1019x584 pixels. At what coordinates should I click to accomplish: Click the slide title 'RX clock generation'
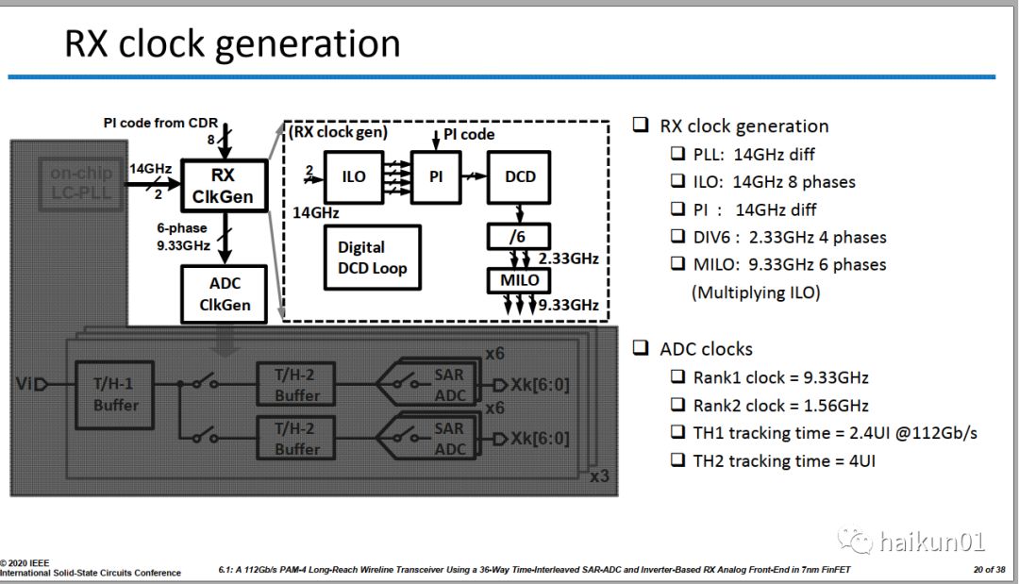tap(232, 44)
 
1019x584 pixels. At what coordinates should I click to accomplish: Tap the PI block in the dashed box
tap(436, 176)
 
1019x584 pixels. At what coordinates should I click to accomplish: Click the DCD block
tap(520, 176)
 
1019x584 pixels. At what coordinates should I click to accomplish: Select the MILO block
tap(518, 279)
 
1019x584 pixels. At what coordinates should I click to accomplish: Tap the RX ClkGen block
tap(224, 185)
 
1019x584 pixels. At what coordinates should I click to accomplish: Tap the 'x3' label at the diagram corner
tap(598, 476)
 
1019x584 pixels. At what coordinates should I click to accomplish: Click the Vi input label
tap(25, 384)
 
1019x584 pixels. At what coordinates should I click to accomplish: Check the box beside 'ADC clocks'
tap(642, 348)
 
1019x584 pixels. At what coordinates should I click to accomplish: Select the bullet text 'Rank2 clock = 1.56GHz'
tap(780, 405)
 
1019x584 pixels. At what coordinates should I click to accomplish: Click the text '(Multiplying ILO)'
tap(757, 292)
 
